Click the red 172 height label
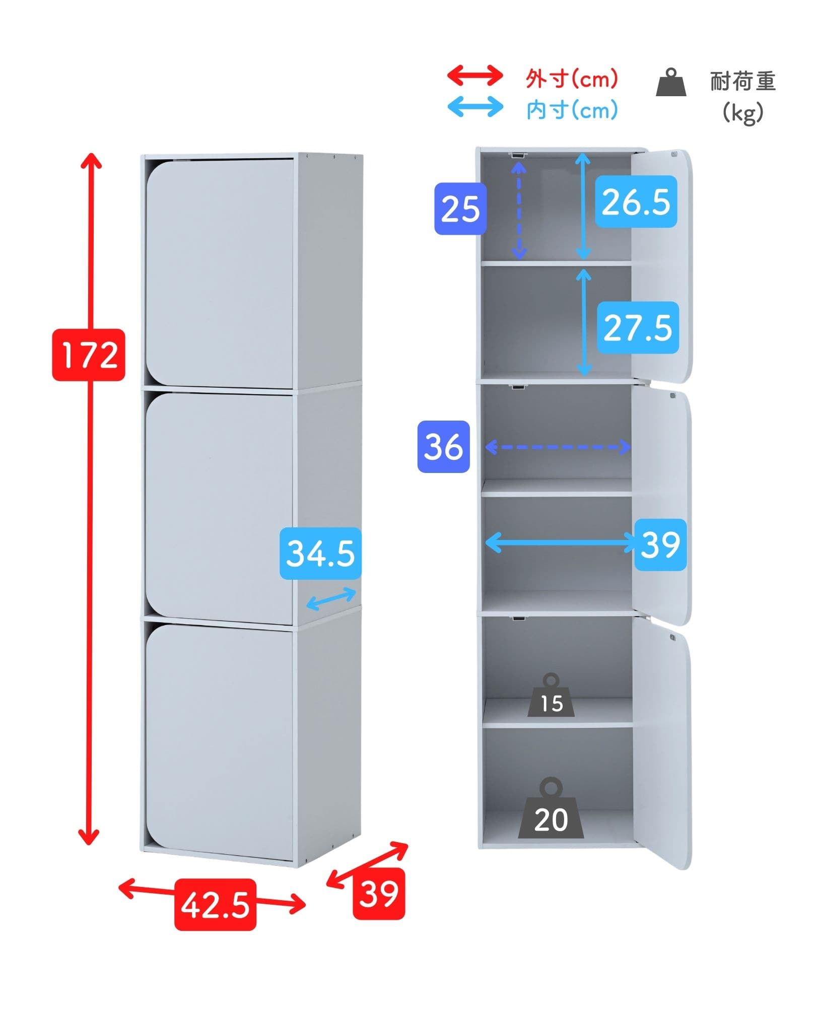click(89, 355)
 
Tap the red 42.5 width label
click(215, 904)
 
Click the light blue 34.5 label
click(320, 553)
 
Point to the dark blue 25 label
click(460, 209)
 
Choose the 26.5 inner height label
click(636, 201)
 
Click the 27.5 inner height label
click(638, 327)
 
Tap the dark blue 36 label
click(443, 447)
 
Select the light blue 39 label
click(660, 545)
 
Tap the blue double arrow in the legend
click(475, 107)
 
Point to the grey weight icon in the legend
click(671, 83)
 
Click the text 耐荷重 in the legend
click(743, 82)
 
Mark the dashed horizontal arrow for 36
click(558, 447)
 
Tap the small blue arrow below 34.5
click(331, 599)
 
